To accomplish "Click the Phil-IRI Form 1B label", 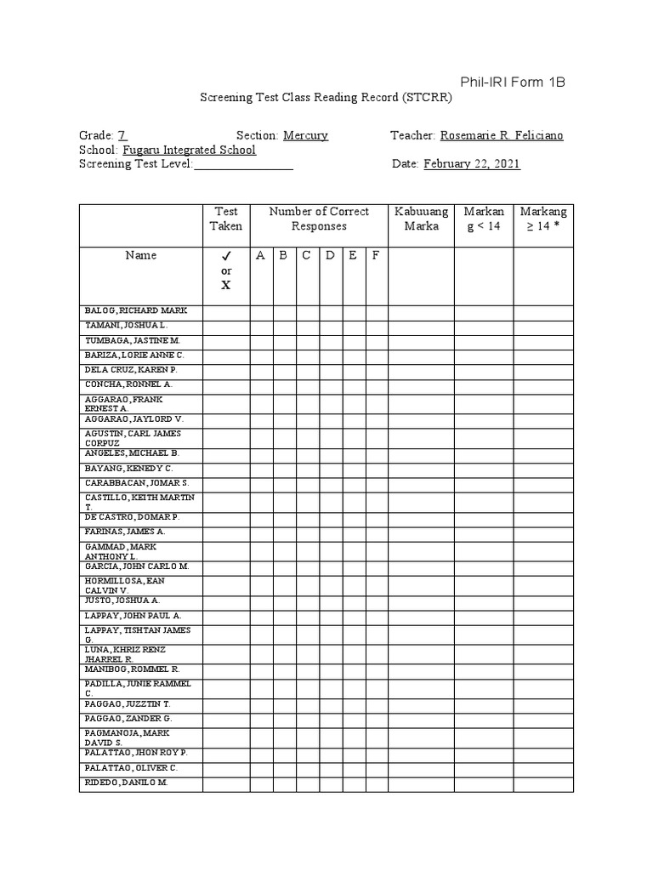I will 512,83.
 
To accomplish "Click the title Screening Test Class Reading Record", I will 326,98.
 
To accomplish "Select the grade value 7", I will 122,135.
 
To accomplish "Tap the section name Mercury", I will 305,135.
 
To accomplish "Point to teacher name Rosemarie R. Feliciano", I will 501,135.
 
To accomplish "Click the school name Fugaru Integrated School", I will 189,150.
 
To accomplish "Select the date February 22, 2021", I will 472,164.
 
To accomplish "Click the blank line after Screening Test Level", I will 244,165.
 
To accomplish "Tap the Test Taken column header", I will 226,219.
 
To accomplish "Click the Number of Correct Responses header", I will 319,219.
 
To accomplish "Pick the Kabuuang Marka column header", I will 421,219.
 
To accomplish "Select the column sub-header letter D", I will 330,255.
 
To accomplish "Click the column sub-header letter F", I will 376,255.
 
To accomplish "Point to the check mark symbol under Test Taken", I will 226,256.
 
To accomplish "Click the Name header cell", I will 141,255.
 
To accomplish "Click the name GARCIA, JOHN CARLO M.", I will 136,566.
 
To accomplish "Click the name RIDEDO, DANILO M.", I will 126,782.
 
